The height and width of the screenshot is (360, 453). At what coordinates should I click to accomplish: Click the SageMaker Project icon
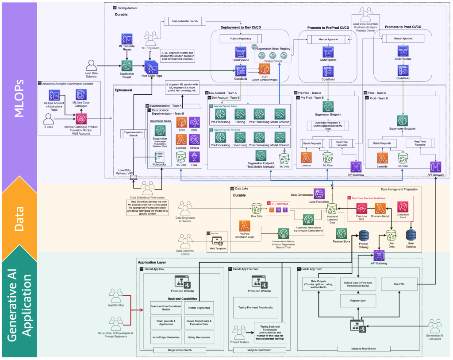coord(127,65)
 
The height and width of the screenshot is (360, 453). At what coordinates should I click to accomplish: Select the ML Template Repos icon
coord(127,39)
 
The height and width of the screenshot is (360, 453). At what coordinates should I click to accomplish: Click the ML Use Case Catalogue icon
coord(81,95)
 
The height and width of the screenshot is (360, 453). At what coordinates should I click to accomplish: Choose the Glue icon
coord(194,157)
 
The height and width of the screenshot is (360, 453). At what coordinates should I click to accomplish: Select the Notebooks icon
coord(159,156)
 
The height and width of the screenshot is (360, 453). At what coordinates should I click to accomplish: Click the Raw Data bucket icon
coord(256,208)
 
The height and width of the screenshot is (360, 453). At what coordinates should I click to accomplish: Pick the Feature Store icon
coord(341,233)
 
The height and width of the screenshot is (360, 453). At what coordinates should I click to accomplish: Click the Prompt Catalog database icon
coord(364,236)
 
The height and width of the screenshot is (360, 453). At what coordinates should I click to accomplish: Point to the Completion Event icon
coord(403,207)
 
